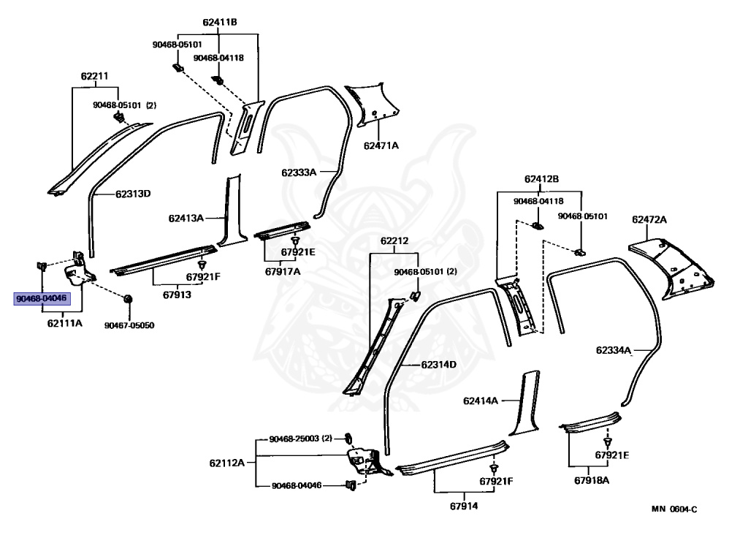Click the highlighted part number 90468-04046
[x=42, y=299]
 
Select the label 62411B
[x=220, y=22]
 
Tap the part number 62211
[x=94, y=76]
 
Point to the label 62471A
[x=381, y=145]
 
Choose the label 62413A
[x=186, y=218]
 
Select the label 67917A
[x=283, y=271]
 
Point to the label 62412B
[x=541, y=179]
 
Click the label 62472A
[x=649, y=219]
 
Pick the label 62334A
[x=613, y=350]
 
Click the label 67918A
[x=592, y=480]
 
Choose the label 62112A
[x=227, y=463]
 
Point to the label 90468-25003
[x=295, y=439]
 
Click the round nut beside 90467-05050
[x=128, y=300]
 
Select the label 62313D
[x=132, y=194]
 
